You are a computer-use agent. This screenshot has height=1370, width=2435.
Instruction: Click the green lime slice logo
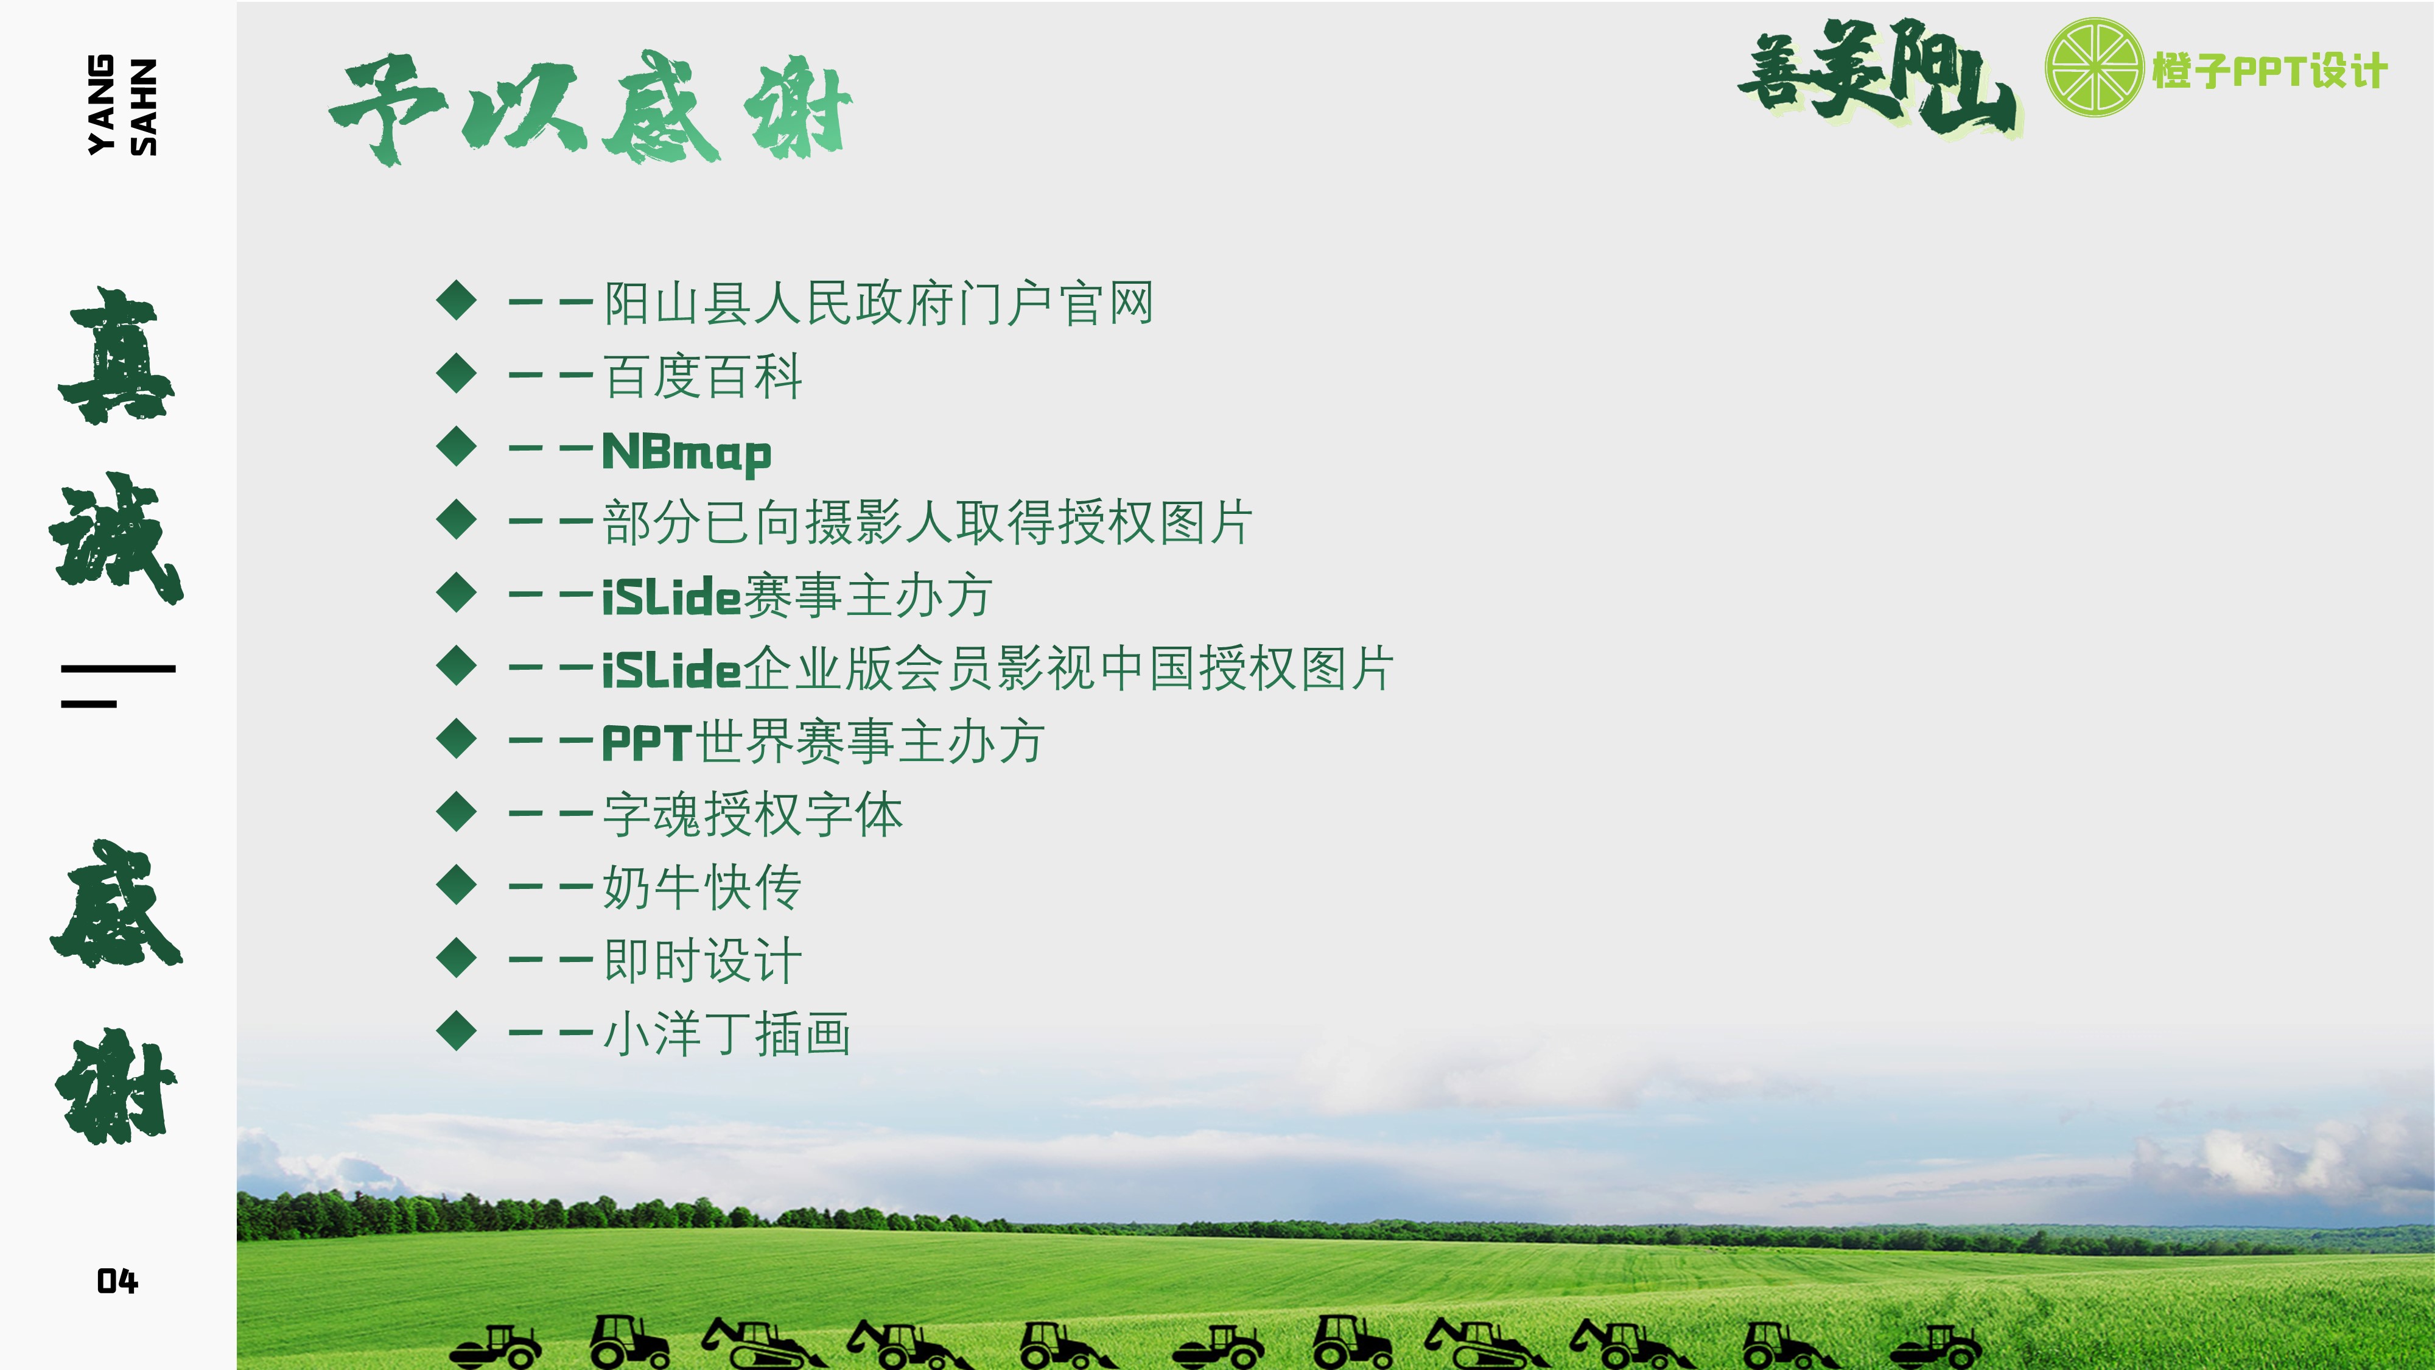pyautogui.click(x=2093, y=67)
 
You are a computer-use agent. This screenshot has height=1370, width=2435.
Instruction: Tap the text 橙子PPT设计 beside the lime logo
pyautogui.click(x=2269, y=71)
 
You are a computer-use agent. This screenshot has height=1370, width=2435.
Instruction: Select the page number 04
pyautogui.click(x=117, y=1281)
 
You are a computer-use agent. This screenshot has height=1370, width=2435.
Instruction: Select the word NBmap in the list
pyautogui.click(x=686, y=452)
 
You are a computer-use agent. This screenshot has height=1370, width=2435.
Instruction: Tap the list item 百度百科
pyautogui.click(x=702, y=376)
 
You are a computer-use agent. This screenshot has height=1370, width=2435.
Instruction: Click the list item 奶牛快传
pyautogui.click(x=702, y=888)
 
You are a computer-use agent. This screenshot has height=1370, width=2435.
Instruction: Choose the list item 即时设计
pyautogui.click(x=702, y=961)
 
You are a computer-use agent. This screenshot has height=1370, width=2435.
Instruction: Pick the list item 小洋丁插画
pyautogui.click(x=727, y=1033)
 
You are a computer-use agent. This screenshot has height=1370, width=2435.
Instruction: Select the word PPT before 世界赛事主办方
pyautogui.click(x=648, y=743)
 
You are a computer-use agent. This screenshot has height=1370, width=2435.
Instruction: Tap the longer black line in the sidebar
pyautogui.click(x=118, y=669)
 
